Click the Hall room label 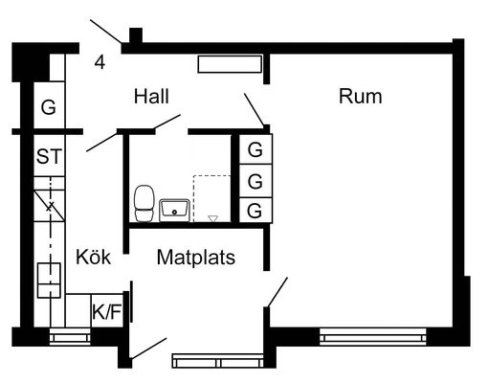click(151, 97)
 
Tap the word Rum click(360, 97)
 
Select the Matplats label click(196, 258)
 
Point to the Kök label click(93, 257)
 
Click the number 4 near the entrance click(100, 62)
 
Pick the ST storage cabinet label click(49, 156)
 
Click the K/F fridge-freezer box click(107, 311)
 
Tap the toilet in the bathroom click(144, 203)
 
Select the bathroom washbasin click(175, 210)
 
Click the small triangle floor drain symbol click(212, 218)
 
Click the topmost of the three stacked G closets click(256, 149)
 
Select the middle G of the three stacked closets click(256, 181)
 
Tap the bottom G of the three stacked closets click(256, 210)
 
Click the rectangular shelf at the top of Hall click(230, 64)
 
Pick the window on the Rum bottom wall click(372, 336)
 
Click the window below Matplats click(218, 361)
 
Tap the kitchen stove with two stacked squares click(49, 281)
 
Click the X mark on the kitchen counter click(50, 207)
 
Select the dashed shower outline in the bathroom click(211, 198)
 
